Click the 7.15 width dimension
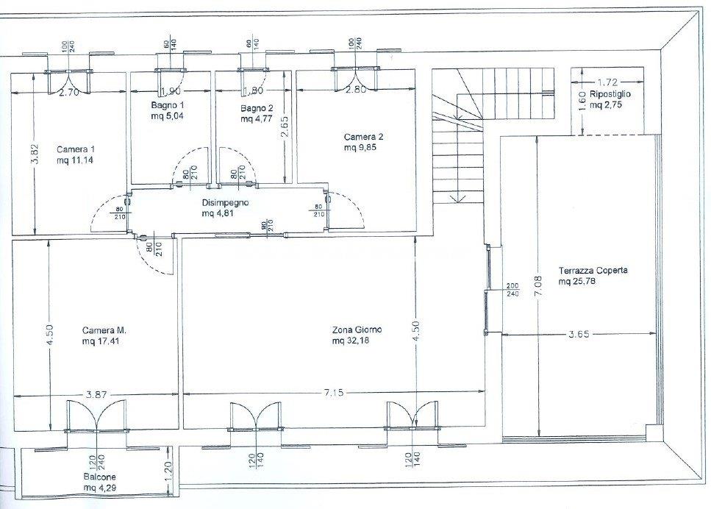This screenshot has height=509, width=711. click(x=333, y=393)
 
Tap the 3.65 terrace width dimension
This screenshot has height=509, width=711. click(x=579, y=335)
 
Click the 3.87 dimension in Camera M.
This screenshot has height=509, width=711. click(x=96, y=395)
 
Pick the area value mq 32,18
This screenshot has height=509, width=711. click(x=351, y=341)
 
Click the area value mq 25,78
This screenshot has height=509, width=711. click(x=576, y=281)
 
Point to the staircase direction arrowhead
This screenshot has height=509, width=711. click(x=459, y=199)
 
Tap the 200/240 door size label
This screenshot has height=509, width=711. click(x=512, y=290)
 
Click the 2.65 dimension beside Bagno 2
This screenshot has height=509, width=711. click(x=284, y=127)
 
